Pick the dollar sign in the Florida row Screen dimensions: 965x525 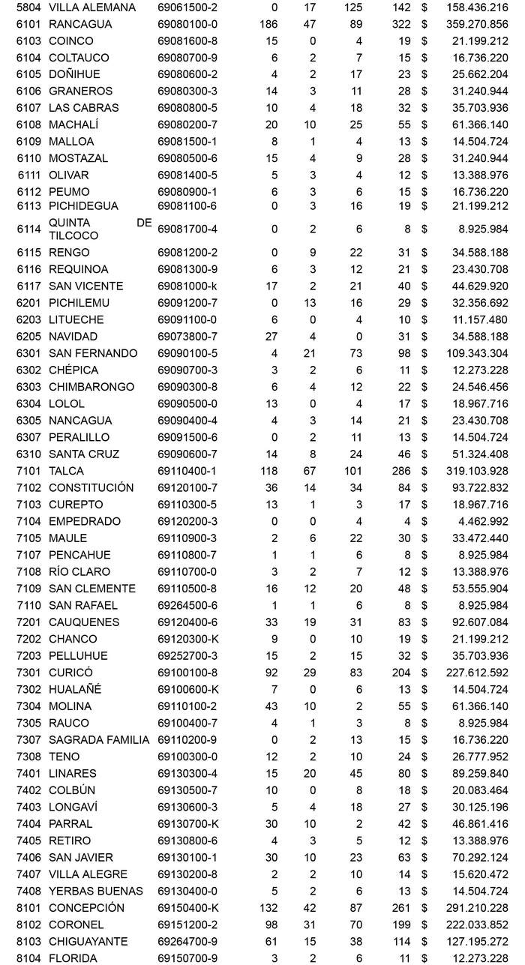point(424,958)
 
